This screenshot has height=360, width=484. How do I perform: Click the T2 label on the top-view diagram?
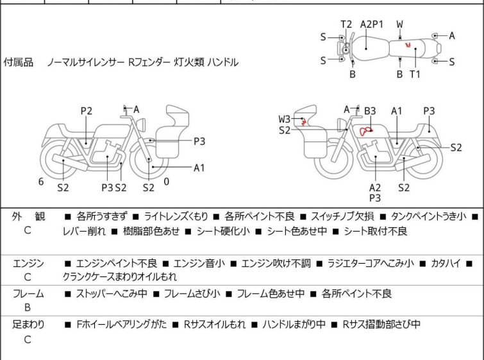tap(346, 24)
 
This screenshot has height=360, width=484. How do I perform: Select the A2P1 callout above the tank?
tap(372, 24)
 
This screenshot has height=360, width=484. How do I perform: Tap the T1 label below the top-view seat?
tap(415, 74)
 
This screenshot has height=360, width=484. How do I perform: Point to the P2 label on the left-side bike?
tap(87, 111)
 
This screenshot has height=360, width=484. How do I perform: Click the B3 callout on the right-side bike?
tap(370, 111)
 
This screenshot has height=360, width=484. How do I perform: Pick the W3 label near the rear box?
tap(284, 119)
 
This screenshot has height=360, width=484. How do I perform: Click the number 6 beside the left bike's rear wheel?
tap(41, 182)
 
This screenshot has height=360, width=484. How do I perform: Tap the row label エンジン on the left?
tap(28, 263)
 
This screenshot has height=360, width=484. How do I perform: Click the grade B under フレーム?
tap(28, 307)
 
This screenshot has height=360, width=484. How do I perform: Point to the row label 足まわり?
tap(28, 325)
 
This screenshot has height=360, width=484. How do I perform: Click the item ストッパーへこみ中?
tap(112, 294)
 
